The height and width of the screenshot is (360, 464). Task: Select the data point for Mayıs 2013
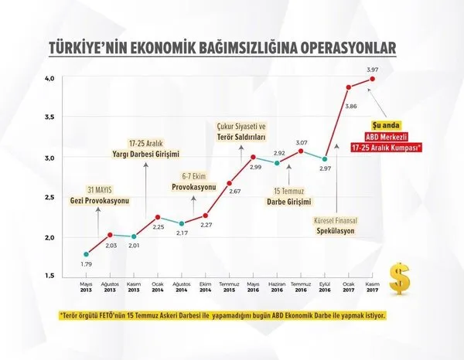(86, 254)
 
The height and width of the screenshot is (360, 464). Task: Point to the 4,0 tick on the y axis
(49, 79)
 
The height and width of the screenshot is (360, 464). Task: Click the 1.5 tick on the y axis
(49, 276)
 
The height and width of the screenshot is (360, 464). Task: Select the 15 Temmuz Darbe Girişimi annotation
(288, 195)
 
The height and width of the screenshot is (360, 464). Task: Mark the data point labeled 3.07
(302, 151)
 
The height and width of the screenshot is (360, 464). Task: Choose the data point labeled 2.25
(158, 217)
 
